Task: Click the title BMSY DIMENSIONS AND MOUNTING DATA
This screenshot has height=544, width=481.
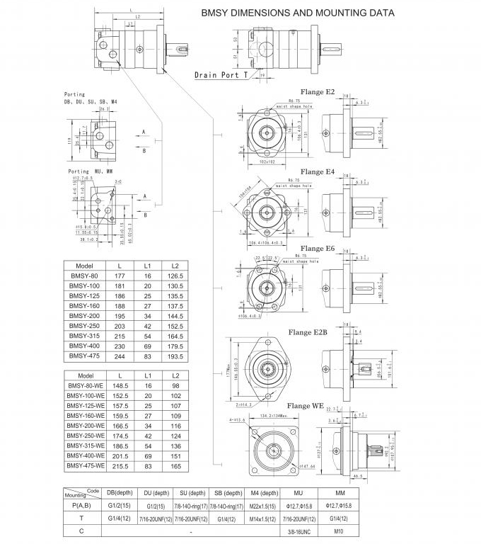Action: pyautogui.click(x=298, y=13)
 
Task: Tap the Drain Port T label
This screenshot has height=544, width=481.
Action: pyautogui.click(x=221, y=74)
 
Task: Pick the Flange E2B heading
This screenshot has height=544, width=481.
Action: pyautogui.click(x=307, y=331)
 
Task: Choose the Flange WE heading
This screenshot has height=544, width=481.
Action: pyautogui.click(x=307, y=406)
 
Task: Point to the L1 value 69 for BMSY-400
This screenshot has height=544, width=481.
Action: pyautogui.click(x=149, y=346)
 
